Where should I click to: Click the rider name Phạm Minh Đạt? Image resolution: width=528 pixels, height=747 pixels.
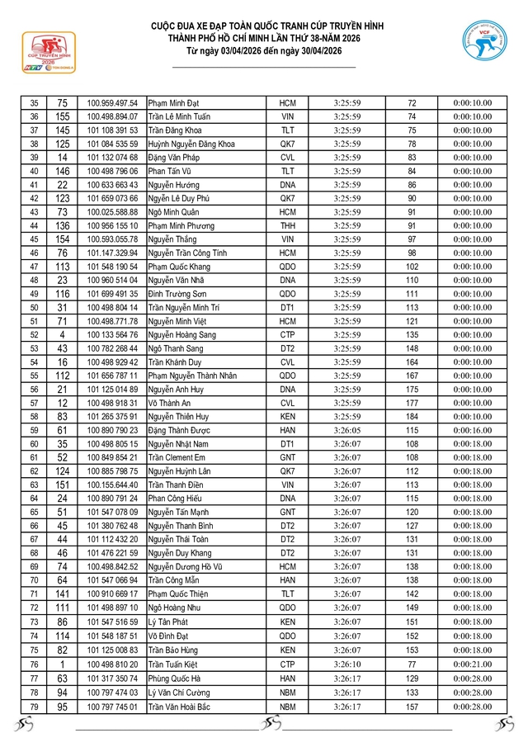pos(174,103)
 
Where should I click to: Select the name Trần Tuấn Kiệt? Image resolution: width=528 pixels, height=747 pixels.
pos(175,665)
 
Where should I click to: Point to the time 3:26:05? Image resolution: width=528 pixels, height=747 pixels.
pos(347,430)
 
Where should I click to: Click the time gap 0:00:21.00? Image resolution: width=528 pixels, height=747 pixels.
pos(473,665)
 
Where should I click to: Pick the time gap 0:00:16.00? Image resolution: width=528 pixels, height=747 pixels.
pos(473,430)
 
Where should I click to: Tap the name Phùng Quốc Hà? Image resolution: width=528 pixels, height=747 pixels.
pos(174,678)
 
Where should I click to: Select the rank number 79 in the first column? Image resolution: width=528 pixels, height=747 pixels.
pos(34,707)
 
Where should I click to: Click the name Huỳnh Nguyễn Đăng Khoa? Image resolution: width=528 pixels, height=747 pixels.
pos(191,144)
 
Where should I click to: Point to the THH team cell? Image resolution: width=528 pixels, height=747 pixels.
pos(287,225)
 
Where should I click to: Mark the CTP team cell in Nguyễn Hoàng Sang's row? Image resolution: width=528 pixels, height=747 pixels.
pos(287,335)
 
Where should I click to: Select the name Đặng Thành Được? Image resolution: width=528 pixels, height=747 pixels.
pos(180,430)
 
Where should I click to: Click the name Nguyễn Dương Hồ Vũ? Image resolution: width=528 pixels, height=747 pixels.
pos(187,567)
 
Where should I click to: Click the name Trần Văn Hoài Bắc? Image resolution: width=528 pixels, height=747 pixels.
pos(180,707)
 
